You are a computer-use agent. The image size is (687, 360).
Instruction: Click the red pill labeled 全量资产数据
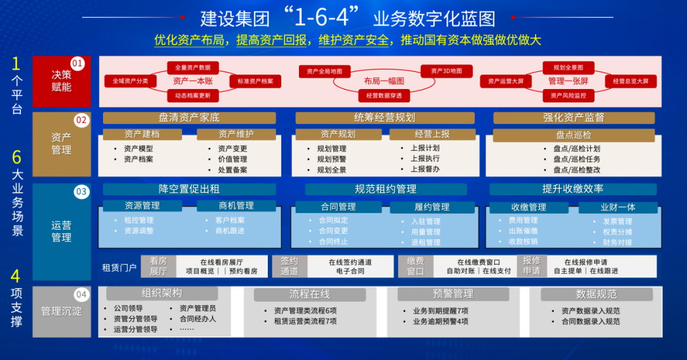tap(193, 67)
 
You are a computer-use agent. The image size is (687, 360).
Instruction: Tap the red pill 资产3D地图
tap(446, 71)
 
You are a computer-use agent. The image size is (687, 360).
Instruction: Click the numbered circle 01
tap(78, 63)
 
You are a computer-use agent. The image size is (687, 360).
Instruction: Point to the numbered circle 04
tap(81, 294)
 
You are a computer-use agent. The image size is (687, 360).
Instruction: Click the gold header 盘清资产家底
tap(189, 118)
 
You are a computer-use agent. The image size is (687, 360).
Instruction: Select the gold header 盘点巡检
tap(573, 135)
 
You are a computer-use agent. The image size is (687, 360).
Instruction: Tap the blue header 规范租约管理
tap(385, 189)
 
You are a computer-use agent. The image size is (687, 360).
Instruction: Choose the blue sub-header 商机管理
tap(236, 206)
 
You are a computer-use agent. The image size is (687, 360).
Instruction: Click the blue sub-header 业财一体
tap(618, 207)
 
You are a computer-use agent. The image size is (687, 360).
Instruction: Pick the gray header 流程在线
tap(310, 294)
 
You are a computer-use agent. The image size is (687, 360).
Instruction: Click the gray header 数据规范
tap(596, 294)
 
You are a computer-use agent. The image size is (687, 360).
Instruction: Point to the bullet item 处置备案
tap(232, 170)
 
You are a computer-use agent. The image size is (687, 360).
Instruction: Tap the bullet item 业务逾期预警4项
tap(440, 321)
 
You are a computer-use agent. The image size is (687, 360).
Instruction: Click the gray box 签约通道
tap(289, 266)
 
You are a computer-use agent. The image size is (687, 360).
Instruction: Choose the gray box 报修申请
tap(531, 266)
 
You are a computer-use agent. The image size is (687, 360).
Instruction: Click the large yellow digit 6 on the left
tap(17, 157)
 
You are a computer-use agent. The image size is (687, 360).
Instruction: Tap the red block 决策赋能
tap(62, 81)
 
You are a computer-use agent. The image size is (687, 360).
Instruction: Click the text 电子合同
tap(350, 271)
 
